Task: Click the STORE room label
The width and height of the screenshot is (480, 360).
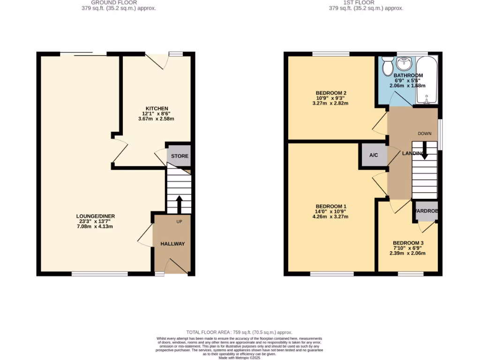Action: point(180,156)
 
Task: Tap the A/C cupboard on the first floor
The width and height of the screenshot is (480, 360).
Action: point(374,155)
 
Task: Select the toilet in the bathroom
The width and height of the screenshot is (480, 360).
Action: point(388,67)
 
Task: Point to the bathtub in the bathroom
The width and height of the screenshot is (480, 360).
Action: point(427,80)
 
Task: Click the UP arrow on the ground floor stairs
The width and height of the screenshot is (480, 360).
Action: point(179,204)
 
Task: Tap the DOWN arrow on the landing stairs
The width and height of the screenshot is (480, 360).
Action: point(424,151)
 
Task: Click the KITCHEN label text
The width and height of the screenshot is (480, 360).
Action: point(156,109)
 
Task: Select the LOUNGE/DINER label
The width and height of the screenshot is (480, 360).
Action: point(96,216)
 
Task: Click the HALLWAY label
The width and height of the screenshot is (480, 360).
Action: point(172,244)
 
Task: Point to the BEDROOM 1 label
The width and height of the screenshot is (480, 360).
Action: point(331,207)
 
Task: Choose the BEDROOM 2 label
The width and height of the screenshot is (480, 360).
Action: point(330,93)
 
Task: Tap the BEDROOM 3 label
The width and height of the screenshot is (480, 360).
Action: point(408,243)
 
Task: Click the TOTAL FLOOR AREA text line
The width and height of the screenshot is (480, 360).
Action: point(240,331)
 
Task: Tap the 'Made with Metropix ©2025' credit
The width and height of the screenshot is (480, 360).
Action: point(240,358)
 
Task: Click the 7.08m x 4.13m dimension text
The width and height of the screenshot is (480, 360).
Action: point(96,226)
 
